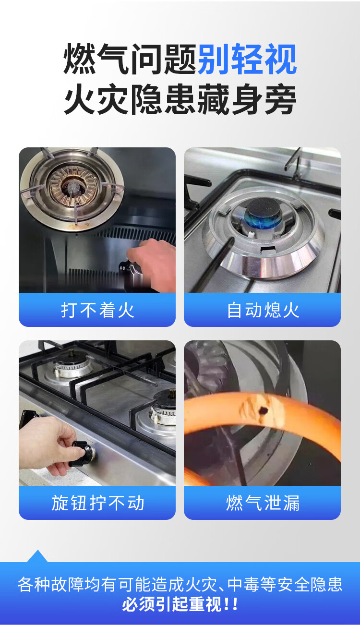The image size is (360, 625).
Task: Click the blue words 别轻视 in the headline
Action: (x=247, y=59)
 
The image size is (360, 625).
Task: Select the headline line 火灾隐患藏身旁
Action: (x=180, y=99)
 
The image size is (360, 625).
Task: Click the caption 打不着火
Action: (x=97, y=310)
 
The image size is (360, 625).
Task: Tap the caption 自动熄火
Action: (x=263, y=310)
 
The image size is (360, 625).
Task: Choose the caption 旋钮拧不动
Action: (x=97, y=503)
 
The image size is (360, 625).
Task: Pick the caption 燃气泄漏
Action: (x=263, y=503)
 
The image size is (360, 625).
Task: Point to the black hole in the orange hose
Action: (x=264, y=410)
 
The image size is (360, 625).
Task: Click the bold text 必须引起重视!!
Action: (x=180, y=604)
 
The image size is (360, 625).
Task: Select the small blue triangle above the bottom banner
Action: (x=37, y=556)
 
